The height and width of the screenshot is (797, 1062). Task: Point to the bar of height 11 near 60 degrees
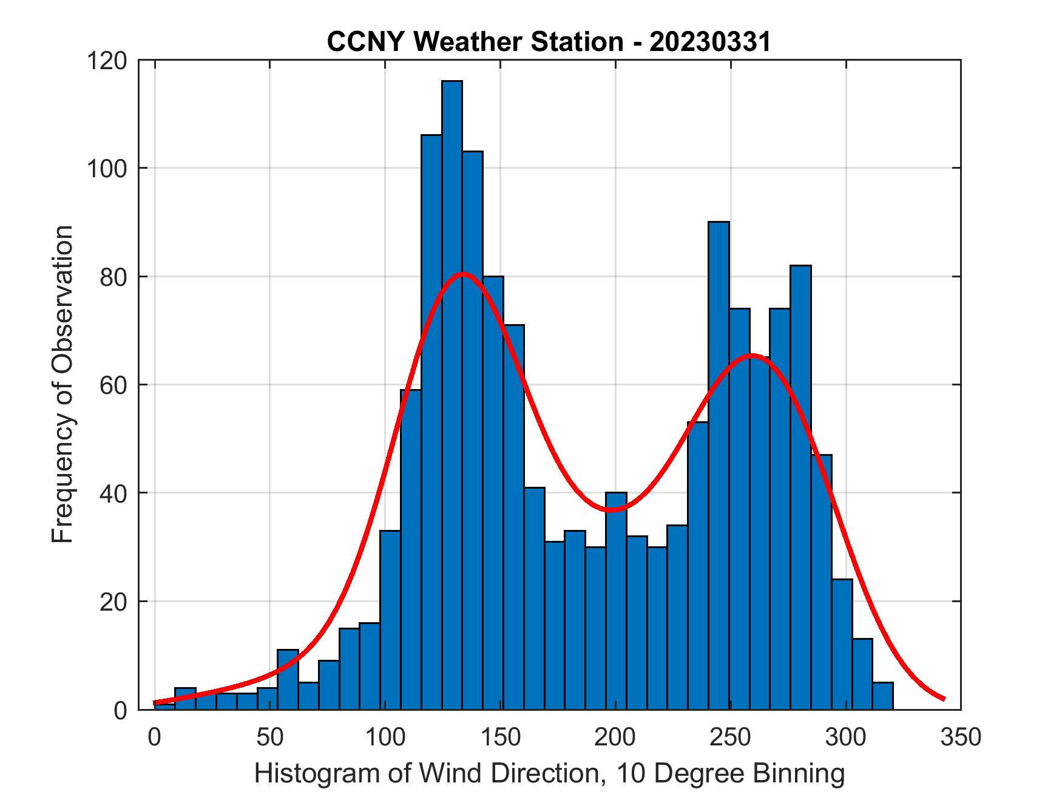(288, 680)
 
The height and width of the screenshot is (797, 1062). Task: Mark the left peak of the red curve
(463, 274)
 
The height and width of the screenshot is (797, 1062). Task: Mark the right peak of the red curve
(752, 355)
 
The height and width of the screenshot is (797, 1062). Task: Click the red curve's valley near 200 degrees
(612, 510)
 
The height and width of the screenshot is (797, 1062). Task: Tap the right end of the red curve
(944, 699)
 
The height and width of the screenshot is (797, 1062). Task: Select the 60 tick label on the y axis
(114, 385)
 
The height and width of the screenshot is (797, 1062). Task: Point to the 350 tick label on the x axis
(960, 737)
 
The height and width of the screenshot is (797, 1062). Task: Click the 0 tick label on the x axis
(155, 737)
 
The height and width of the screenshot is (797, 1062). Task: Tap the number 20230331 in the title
(710, 42)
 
